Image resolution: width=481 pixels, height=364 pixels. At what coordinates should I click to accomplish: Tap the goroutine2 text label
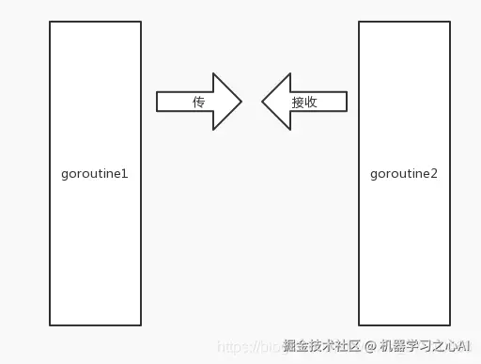click(404, 174)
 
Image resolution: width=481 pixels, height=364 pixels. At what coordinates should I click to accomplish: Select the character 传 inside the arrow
click(198, 102)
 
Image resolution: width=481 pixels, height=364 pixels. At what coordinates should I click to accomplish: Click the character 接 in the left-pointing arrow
click(298, 103)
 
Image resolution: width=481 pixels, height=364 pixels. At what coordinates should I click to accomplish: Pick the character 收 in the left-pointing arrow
click(311, 103)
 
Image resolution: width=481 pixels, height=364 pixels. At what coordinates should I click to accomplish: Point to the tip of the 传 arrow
click(242, 101)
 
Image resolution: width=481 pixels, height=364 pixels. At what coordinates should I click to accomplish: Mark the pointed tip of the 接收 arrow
click(262, 101)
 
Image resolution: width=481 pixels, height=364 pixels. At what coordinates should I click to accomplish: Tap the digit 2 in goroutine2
click(433, 174)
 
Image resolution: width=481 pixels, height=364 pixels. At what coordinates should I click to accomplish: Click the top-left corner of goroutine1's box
click(50, 23)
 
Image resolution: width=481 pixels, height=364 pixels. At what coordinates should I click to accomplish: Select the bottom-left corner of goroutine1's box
click(50, 325)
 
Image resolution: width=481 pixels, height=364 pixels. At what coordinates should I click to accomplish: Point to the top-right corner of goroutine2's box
click(450, 23)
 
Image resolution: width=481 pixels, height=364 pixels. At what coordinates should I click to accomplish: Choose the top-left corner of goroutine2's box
click(359, 23)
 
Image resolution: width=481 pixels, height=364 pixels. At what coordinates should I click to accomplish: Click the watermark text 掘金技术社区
click(322, 346)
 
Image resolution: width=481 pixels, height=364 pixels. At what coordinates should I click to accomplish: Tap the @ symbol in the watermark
click(371, 346)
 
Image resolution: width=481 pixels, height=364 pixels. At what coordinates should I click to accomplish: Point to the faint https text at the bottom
click(240, 347)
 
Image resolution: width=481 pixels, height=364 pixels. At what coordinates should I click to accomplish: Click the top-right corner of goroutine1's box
click(141, 23)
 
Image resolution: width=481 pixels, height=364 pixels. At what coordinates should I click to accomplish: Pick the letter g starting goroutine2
click(375, 175)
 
